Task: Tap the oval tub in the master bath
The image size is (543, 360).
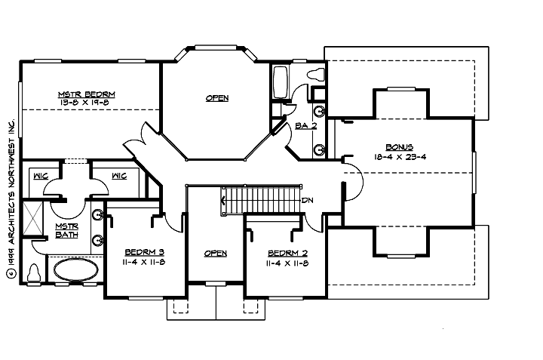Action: pos(74,269)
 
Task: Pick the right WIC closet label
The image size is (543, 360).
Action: pos(118,177)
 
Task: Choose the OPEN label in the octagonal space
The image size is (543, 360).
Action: pos(217,98)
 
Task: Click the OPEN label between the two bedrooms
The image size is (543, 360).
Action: pos(216,254)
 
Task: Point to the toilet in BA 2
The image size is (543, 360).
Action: pos(315,75)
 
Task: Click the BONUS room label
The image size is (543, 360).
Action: pos(400,147)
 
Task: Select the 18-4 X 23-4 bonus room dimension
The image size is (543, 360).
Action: pos(400,157)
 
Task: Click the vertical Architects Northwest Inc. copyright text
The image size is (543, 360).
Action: pos(11,196)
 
